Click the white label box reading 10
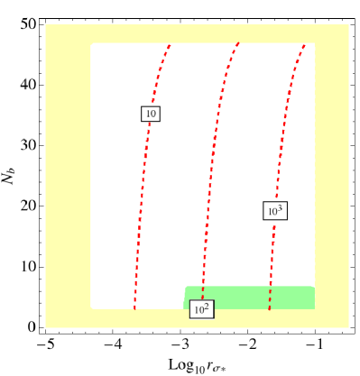(151, 114)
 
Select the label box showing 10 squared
(201, 309)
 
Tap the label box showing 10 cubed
(275, 211)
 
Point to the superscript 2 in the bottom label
(207, 306)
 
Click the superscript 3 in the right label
(280, 207)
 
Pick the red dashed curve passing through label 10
(143, 180)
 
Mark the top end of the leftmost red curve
(170, 44)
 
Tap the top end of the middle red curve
(238, 43)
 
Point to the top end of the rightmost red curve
(305, 44)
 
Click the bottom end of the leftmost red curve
(134, 308)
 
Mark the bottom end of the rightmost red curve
(269, 308)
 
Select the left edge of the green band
(185, 298)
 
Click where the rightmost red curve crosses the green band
(270, 298)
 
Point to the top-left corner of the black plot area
(92, 43)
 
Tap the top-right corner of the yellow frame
(348, 25)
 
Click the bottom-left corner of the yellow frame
(46, 327)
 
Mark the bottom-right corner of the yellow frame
(348, 327)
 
